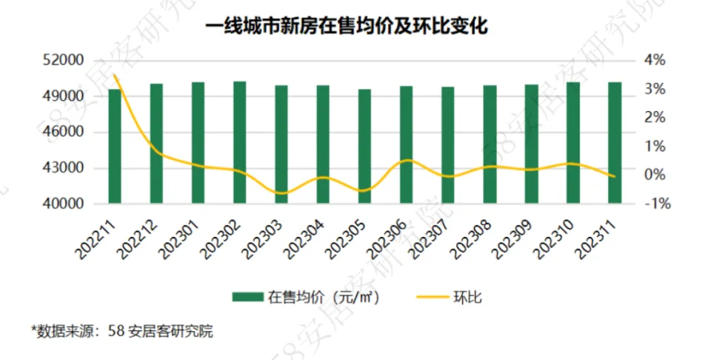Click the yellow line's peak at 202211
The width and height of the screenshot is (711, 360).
tap(115, 76)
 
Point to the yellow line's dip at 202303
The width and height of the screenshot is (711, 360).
tap(281, 193)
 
